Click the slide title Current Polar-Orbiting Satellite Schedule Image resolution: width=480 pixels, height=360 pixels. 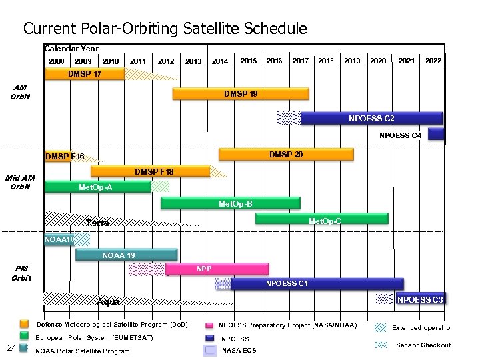(165, 29)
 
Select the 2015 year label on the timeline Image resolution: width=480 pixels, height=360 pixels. (249, 61)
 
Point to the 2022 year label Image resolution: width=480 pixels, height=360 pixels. (433, 61)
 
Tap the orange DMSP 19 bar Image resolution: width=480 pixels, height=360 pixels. (241, 94)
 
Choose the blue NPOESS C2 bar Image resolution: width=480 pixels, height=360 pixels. (371, 119)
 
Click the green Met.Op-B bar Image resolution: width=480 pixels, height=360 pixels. (230, 203)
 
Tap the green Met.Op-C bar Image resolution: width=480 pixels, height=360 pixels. (321, 219)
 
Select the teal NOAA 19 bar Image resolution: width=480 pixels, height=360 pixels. (126, 255)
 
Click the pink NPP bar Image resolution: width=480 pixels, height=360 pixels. (217, 269)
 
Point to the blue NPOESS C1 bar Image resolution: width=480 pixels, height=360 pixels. (317, 284)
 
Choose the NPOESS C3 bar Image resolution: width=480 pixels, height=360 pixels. (420, 299)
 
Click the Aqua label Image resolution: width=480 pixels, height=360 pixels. (109, 302)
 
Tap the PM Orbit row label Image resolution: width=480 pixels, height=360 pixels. (21, 273)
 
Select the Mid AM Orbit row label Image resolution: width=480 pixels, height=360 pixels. (20, 182)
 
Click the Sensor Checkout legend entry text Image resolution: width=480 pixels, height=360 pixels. (423, 345)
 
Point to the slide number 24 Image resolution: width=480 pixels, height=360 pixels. (11, 347)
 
